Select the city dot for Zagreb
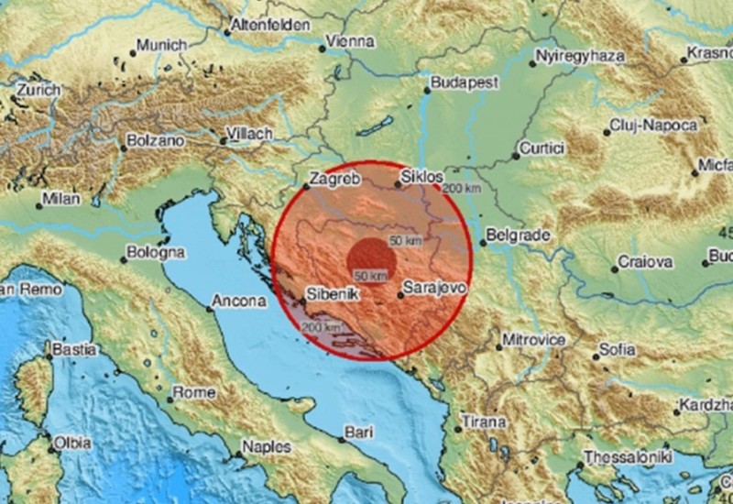[306, 186]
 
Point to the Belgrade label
[518, 236]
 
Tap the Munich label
[162, 44]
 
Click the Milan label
[60, 199]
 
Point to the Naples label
[267, 446]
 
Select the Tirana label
[485, 422]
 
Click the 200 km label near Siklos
[461, 189]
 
